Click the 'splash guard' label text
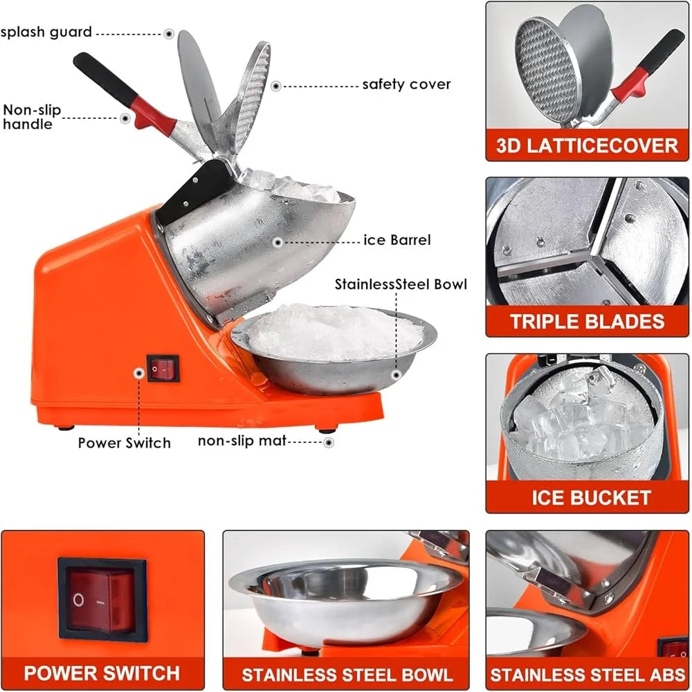(x=46, y=32)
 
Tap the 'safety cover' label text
(x=406, y=84)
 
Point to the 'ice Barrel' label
(x=397, y=240)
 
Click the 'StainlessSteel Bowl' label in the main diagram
(x=401, y=284)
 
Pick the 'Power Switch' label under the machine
(x=124, y=442)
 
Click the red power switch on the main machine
(x=163, y=368)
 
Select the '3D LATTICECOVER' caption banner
(x=587, y=145)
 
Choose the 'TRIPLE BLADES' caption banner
(x=587, y=321)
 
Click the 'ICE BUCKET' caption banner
(x=587, y=497)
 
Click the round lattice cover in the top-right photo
(x=547, y=69)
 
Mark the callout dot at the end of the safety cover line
(x=275, y=86)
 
